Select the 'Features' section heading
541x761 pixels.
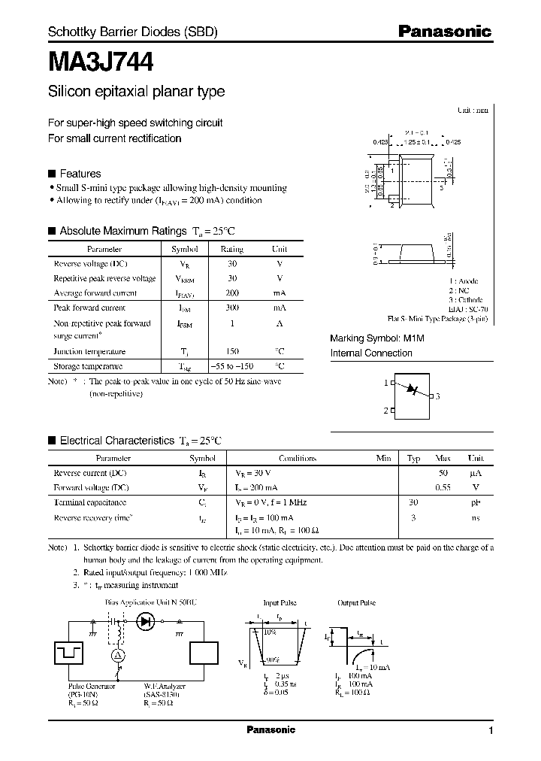tap(80, 173)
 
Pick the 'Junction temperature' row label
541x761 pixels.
tap(89, 351)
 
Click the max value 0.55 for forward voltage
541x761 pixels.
tap(443, 487)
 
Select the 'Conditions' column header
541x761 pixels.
tap(298, 458)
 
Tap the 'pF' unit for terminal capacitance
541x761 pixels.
tap(475, 502)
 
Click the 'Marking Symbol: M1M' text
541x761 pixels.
tap(377, 338)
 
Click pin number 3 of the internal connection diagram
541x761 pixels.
tap(437, 396)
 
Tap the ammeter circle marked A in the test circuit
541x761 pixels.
tap(117, 656)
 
